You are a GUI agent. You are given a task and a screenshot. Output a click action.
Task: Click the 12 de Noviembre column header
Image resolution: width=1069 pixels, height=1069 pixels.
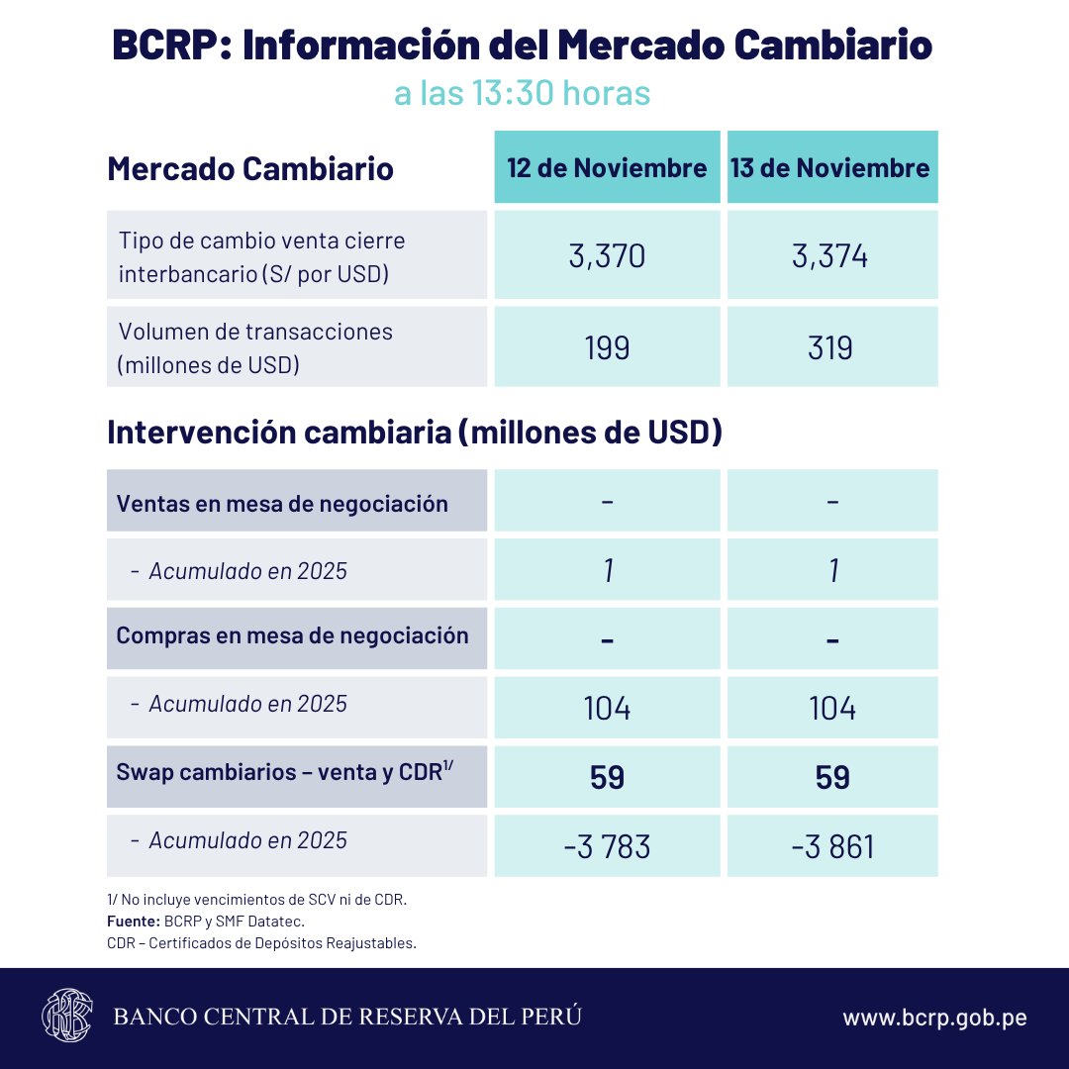coord(607,167)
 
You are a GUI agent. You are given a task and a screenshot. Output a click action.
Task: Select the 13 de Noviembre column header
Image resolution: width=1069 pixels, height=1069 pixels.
coord(830,167)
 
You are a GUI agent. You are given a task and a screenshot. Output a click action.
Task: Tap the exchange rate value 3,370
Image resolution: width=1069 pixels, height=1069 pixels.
coord(607,256)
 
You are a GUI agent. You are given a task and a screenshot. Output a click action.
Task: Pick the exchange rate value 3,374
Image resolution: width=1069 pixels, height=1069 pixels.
coord(830,256)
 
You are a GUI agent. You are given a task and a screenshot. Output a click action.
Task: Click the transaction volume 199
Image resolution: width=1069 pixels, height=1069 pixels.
coord(607,347)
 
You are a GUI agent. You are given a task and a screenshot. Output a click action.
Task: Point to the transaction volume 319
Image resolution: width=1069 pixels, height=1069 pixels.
coord(830,347)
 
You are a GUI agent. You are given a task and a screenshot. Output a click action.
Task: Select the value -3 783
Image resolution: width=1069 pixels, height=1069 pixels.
coord(607,847)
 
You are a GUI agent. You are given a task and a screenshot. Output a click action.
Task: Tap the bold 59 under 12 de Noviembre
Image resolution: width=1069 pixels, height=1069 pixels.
coord(607,777)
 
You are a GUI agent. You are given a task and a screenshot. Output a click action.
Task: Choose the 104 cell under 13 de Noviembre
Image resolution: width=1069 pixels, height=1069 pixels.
coord(831,708)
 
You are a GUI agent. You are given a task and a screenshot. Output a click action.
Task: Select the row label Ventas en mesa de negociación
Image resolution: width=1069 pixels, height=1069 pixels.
coord(282,503)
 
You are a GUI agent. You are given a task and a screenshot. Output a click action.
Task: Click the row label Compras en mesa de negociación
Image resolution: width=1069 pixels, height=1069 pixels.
coord(292,635)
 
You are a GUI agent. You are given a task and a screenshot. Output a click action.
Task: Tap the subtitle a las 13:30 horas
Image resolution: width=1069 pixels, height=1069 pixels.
coord(522,93)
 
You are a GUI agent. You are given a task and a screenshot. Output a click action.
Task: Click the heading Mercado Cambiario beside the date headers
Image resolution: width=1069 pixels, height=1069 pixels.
coord(249,168)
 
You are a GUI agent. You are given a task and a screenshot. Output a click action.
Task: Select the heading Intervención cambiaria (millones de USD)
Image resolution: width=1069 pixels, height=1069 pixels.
coord(414,433)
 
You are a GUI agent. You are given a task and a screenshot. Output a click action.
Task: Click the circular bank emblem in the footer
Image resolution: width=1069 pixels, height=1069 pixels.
coord(66,1016)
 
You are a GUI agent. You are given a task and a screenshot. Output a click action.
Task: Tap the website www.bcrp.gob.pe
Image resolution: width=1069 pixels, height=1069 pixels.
coord(933,1018)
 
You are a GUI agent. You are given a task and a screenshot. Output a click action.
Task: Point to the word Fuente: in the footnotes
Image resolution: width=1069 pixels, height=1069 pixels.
coord(126,922)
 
